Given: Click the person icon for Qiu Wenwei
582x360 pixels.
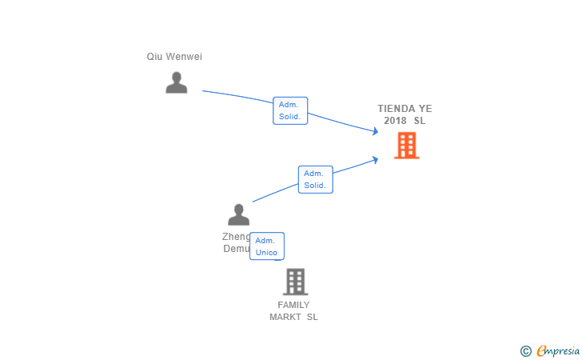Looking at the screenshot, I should coord(177,82).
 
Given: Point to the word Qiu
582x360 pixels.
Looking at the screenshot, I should coord(154,57).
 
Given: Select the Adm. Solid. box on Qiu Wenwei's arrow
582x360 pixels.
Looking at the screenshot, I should coord(290,110).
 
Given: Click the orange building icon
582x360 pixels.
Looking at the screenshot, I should coord(406,146).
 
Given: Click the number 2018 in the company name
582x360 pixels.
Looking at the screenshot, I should coord(395,121).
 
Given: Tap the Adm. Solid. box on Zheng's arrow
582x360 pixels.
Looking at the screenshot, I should coord(315,179).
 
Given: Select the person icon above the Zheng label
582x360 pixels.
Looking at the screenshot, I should coord(238,214).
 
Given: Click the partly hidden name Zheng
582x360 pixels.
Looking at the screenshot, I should coord(236,237).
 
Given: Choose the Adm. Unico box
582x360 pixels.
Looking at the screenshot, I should coord(266,246).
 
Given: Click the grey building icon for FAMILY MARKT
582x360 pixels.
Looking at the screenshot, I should coord(295,282).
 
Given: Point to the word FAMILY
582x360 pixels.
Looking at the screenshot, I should coord(293,305).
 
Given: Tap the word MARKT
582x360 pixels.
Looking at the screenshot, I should coord(285,317).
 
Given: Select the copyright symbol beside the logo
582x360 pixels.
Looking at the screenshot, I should coord(525,350).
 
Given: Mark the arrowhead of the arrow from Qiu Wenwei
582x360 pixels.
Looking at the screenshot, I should coord(375,132).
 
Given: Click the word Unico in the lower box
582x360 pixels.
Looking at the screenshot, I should coord(266,253).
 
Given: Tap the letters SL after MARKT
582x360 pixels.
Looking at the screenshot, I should coord(312,317).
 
